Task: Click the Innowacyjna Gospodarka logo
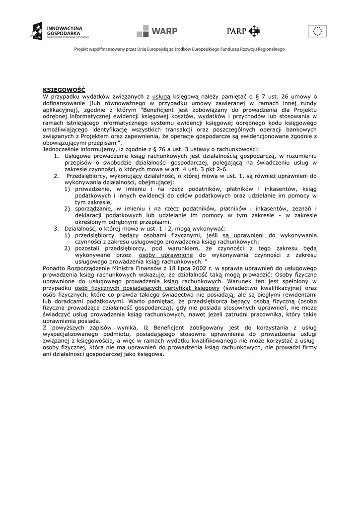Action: [60, 31]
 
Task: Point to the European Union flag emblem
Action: [317, 31]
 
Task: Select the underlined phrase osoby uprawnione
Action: [166, 254]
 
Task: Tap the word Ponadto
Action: [55, 268]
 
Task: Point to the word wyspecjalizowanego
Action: [73, 334]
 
